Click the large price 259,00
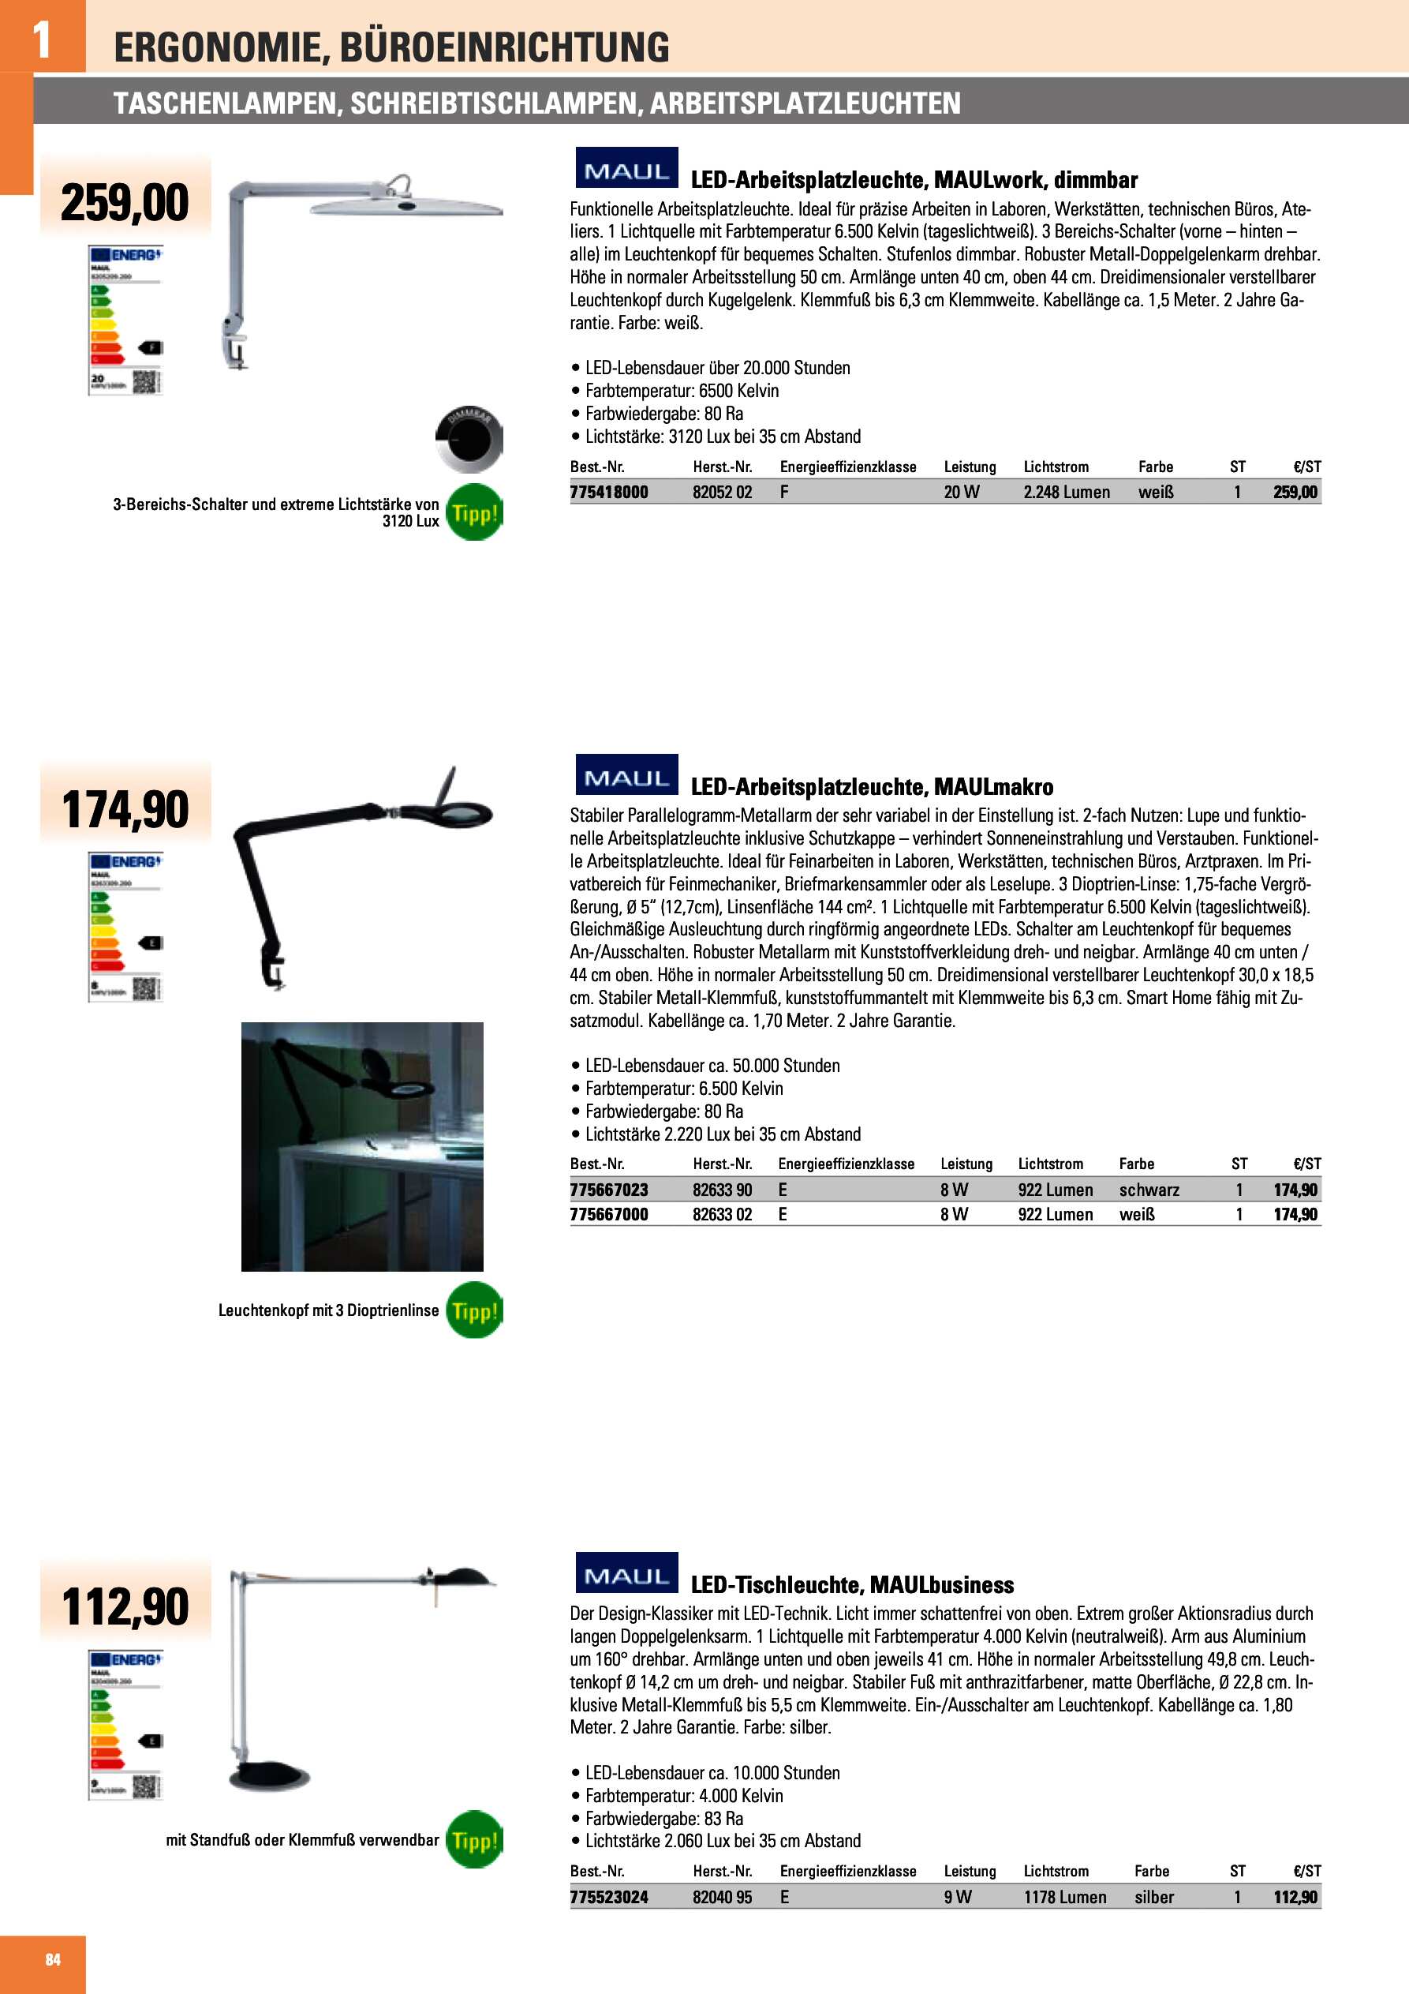tap(125, 202)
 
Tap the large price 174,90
tap(125, 809)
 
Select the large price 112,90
tap(125, 1606)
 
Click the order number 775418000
tap(608, 493)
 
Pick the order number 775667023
tap(608, 1190)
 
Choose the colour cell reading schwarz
tap(1149, 1190)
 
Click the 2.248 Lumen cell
tap(1066, 493)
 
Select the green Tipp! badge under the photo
tap(474, 1310)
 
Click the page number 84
tap(53, 1959)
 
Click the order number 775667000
tap(608, 1214)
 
